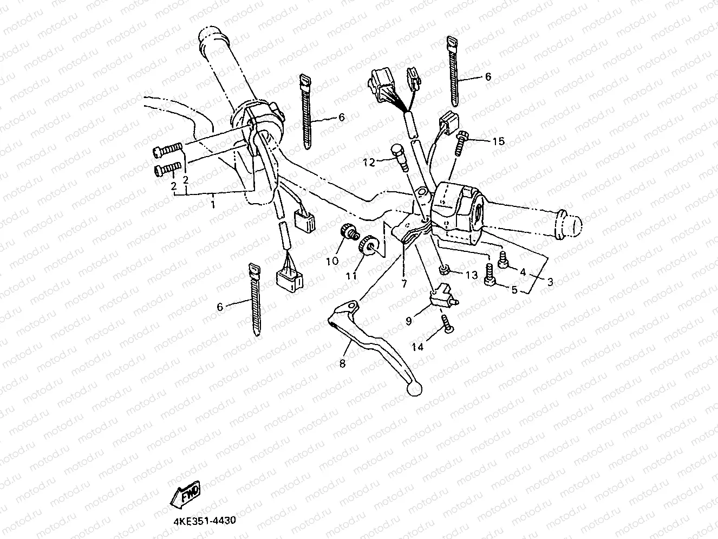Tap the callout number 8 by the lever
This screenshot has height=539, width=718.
(342, 363)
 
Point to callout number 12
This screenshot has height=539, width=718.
(369, 161)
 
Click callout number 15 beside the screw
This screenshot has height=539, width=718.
(498, 141)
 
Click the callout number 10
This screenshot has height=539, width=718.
(332, 261)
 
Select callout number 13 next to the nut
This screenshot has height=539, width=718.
(472, 275)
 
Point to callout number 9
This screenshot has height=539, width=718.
(409, 321)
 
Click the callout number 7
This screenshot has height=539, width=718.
(404, 284)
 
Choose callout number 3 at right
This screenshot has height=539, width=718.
(550, 282)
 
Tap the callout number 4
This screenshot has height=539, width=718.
(523, 272)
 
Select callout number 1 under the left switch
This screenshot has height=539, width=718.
(213, 205)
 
